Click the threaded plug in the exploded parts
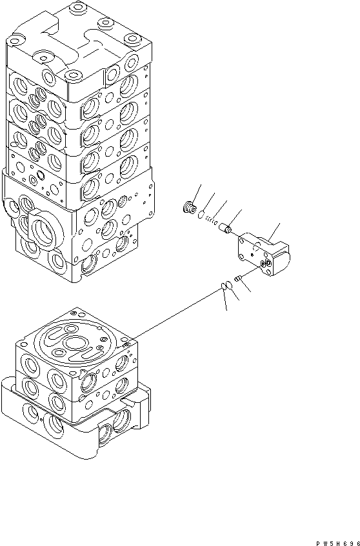[188, 208]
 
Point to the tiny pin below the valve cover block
[238, 278]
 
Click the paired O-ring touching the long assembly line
[224, 287]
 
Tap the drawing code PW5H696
[337, 543]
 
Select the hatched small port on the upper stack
[122, 201]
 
